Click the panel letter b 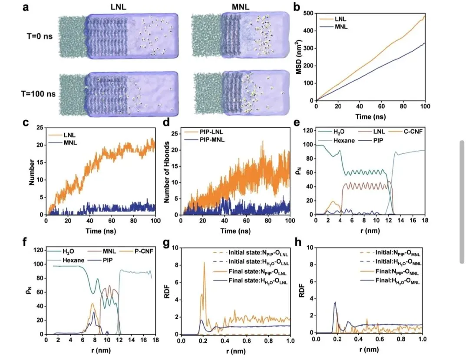tap(297, 7)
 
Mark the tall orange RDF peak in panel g tap(204, 263)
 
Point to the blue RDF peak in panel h tap(334, 303)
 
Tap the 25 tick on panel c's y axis tap(40, 128)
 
